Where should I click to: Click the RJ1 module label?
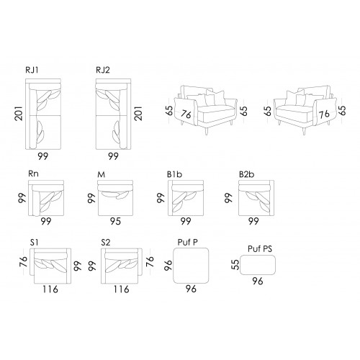coord(32,70)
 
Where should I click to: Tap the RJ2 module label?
coord(103,70)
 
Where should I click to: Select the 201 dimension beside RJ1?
coord(19,114)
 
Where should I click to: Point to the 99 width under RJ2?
coord(113,156)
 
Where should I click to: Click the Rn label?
coord(33,174)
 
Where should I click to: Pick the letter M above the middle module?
coord(102,174)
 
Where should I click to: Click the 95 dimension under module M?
coord(115,221)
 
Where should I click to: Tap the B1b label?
coord(174,174)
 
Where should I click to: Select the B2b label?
coord(246,174)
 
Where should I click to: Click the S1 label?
coord(34,243)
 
